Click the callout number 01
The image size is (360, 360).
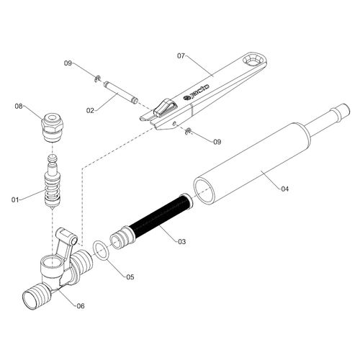click(x=15, y=199)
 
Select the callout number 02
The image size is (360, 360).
click(x=90, y=111)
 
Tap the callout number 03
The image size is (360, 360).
click(x=181, y=241)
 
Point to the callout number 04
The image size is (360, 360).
click(x=284, y=189)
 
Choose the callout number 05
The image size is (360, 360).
click(x=130, y=277)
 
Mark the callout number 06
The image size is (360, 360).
click(x=81, y=306)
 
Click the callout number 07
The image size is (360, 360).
click(x=181, y=56)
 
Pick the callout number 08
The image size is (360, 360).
click(x=19, y=106)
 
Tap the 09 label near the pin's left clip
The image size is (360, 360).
click(x=68, y=63)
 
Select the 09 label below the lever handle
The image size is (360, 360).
click(x=217, y=142)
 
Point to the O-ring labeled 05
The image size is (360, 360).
click(x=101, y=251)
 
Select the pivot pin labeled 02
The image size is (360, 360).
click(x=120, y=92)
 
